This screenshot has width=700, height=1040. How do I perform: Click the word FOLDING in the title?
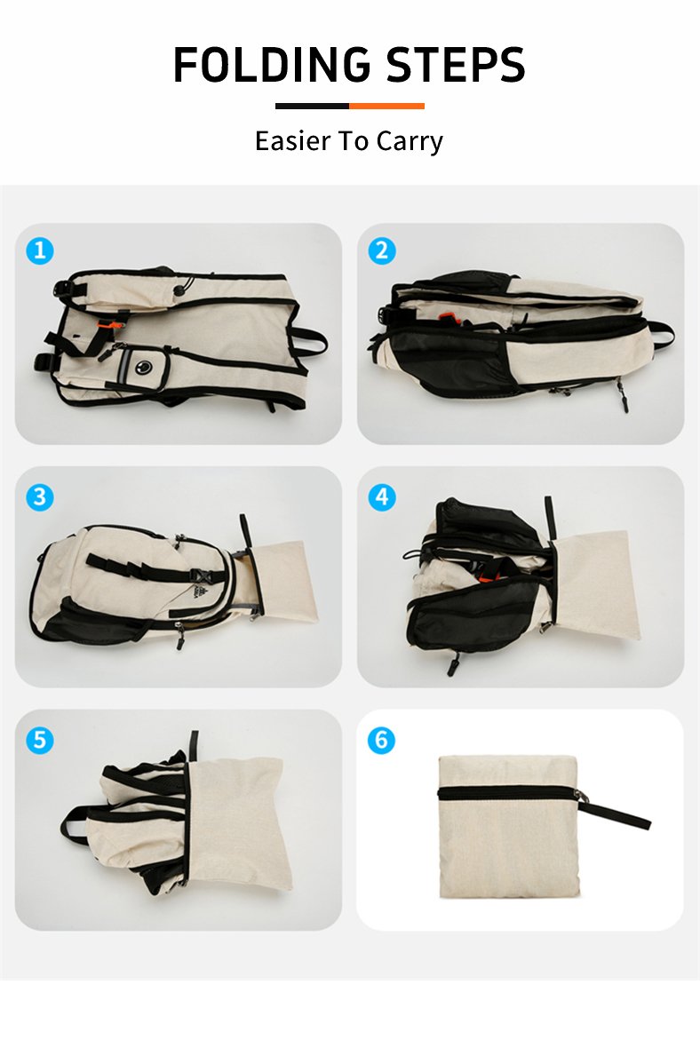pyautogui.click(x=271, y=65)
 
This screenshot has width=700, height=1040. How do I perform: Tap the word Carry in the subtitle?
pyautogui.click(x=410, y=142)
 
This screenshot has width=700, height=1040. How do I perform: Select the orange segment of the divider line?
pyautogui.click(x=386, y=106)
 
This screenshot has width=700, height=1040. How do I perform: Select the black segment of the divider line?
pyautogui.click(x=312, y=106)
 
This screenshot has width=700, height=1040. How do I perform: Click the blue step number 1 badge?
pyautogui.click(x=40, y=250)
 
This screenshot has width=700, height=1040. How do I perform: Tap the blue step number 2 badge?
pyautogui.click(x=381, y=250)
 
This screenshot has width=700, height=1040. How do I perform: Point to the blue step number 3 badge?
pyautogui.click(x=40, y=496)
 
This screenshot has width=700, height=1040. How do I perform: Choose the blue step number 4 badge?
pyautogui.click(x=381, y=496)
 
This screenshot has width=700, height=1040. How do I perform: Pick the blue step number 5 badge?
pyautogui.click(x=40, y=740)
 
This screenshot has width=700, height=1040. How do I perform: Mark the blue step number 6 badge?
pyautogui.click(x=381, y=740)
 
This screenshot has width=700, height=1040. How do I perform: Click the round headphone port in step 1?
pyautogui.click(x=144, y=365)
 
